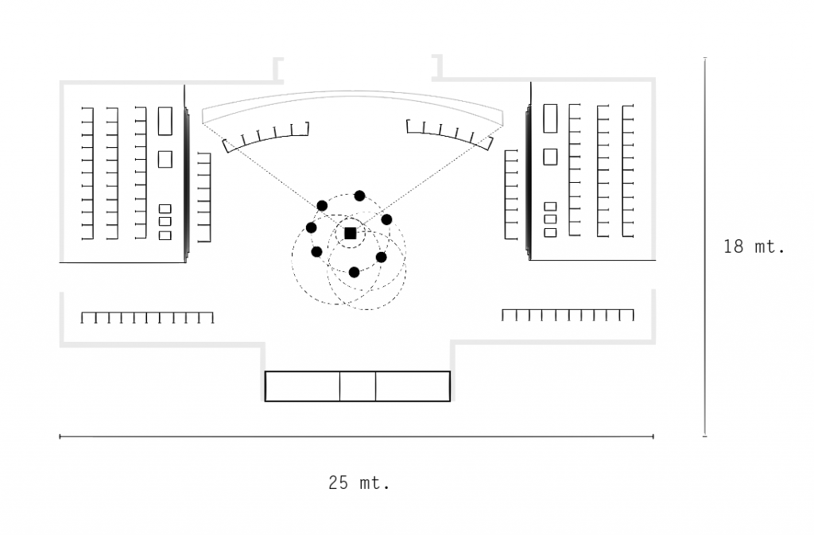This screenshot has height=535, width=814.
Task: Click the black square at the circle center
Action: coord(351,233)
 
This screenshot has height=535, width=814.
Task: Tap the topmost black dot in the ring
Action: coord(359,196)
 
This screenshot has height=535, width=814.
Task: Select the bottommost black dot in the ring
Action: coord(355,272)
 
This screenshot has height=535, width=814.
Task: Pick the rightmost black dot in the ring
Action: coord(387,219)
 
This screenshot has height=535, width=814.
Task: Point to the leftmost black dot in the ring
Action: coord(311,228)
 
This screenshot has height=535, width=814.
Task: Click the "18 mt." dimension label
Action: coord(754,246)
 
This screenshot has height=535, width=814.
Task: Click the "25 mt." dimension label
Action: coord(359,483)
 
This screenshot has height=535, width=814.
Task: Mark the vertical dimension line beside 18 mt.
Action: coord(705,246)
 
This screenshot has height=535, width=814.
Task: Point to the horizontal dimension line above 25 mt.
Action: coord(356,436)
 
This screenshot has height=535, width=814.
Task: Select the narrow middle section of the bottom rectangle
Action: coord(358,386)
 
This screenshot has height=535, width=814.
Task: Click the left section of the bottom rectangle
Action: coord(302,386)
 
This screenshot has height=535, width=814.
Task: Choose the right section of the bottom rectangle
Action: coord(413,386)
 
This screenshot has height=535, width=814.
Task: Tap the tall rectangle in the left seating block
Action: coord(165,121)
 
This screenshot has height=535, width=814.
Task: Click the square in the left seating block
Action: coord(165,159)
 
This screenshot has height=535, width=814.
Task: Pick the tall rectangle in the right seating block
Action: coord(550,118)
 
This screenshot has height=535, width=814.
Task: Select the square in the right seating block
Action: coord(550,157)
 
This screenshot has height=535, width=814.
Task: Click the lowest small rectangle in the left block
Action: coord(165,235)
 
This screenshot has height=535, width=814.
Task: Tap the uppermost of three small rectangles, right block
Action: coord(550,206)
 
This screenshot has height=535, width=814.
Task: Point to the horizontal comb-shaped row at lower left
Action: coord(147,318)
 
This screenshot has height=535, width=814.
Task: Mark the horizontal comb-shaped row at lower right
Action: coord(568,315)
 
